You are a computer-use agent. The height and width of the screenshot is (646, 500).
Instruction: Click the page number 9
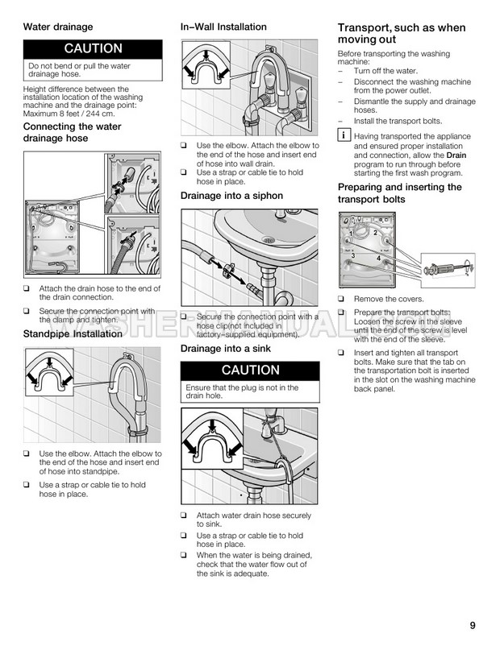[x=469, y=623]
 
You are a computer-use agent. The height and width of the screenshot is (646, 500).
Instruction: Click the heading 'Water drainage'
[x=58, y=27]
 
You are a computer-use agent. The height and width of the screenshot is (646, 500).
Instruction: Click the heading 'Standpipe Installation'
[x=73, y=333]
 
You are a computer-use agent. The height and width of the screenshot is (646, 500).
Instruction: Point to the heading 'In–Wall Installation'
[x=223, y=27]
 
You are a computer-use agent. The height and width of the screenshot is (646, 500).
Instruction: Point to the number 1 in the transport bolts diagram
[x=352, y=233]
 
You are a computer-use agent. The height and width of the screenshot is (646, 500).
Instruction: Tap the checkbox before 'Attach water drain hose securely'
[x=185, y=516]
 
